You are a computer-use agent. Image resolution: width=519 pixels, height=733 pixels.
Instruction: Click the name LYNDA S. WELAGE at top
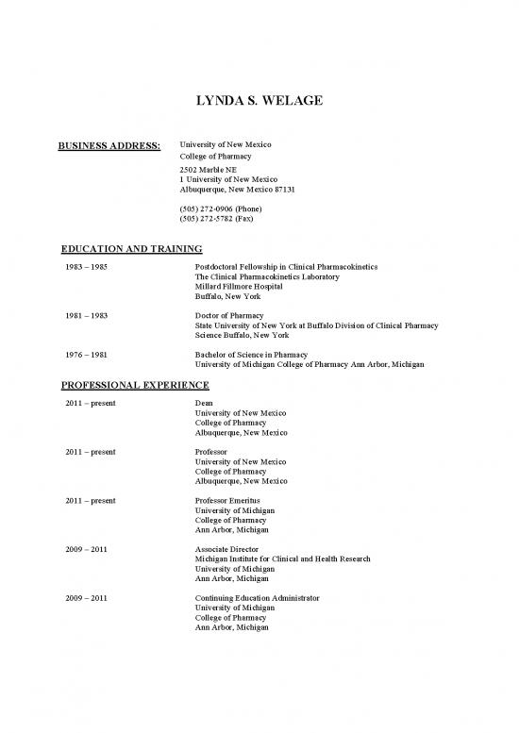coord(259,101)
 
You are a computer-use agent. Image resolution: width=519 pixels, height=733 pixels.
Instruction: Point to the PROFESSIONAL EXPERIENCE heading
coord(135,385)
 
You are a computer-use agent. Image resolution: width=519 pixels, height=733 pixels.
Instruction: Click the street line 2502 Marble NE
coord(209,169)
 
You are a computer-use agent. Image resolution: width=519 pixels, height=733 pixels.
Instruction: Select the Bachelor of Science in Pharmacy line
coord(248,354)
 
